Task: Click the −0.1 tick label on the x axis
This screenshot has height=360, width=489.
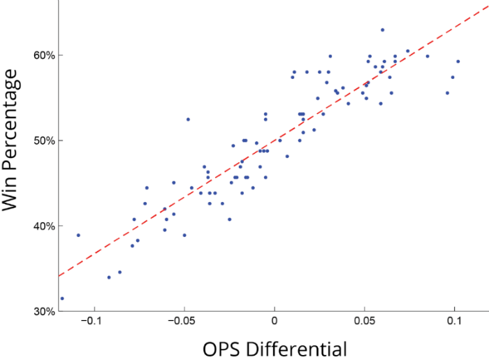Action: pos(90,322)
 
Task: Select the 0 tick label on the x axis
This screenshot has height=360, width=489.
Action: pos(275,322)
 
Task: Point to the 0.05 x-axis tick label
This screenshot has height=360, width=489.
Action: pos(365,322)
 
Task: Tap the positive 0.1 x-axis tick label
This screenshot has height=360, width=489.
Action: pos(455,322)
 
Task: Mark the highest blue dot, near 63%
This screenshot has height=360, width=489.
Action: pos(382,30)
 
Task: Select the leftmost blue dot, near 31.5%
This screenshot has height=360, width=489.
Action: pos(62,298)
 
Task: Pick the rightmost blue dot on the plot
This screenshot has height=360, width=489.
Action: pos(458,62)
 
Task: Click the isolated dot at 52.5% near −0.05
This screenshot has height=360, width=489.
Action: pos(188,120)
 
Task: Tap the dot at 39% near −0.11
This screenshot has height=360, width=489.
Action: pos(78,235)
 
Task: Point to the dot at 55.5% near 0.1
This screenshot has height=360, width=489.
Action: pos(447,93)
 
